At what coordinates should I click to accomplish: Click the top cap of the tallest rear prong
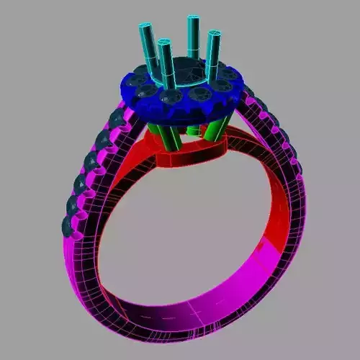193,19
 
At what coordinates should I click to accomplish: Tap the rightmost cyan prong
213,54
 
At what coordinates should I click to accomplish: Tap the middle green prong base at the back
193,130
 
